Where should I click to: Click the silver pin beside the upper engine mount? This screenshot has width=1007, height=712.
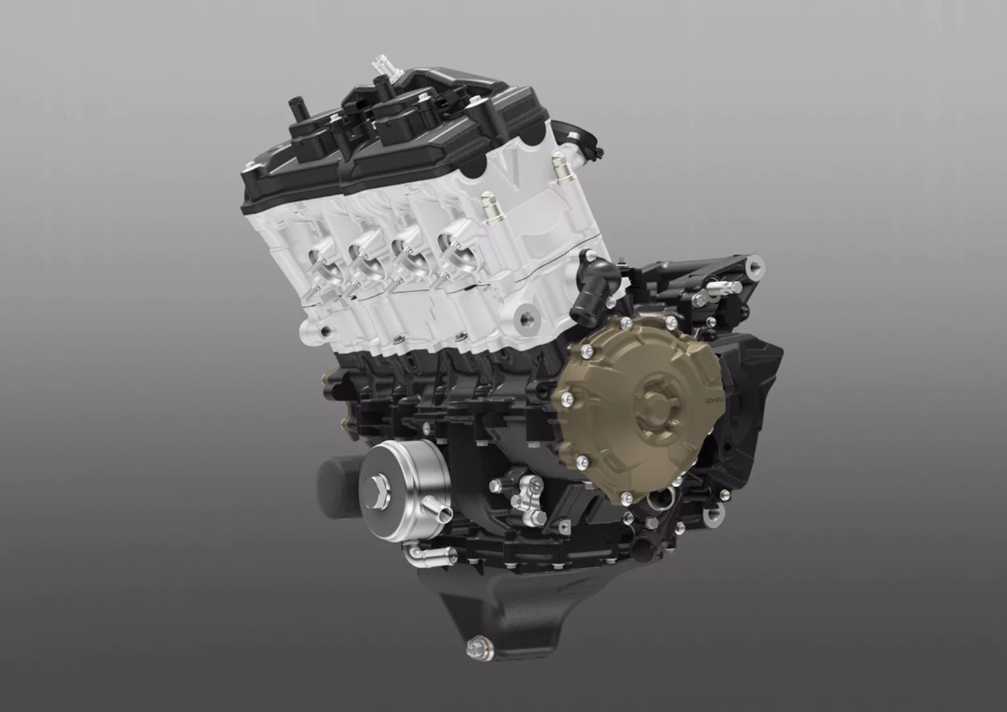(721, 286)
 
